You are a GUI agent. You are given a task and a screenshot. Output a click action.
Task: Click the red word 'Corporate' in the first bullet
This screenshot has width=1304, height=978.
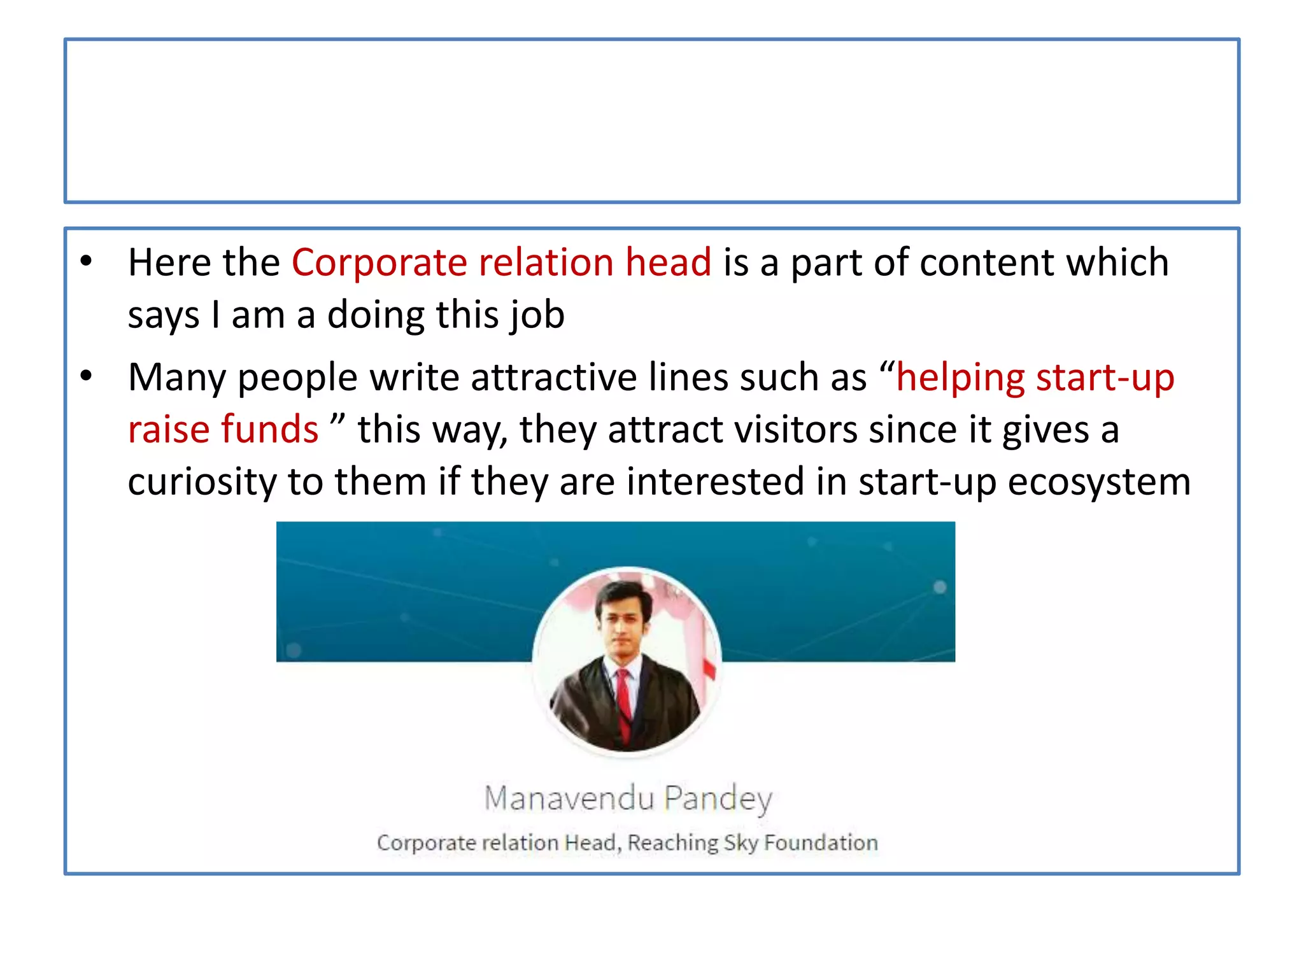coord(379,262)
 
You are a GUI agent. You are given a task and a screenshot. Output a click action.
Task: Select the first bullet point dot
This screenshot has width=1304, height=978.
coord(87,260)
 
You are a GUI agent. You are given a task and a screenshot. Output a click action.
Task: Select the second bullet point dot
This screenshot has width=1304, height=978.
coord(87,376)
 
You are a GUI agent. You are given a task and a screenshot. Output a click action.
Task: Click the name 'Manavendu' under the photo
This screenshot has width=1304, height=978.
coord(569,798)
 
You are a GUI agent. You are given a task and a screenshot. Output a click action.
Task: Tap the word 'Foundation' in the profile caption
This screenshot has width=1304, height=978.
coord(821,842)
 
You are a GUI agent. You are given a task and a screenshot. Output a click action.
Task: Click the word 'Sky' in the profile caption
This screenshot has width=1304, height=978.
coord(741,843)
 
